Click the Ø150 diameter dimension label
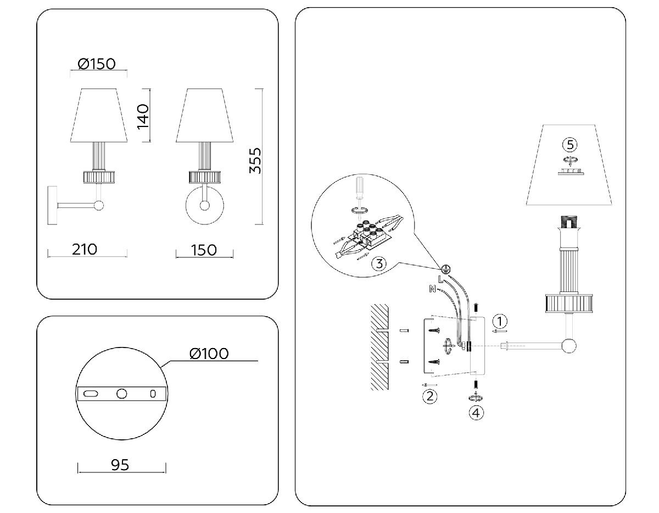point(97,64)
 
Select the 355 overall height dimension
point(255,159)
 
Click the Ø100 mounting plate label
point(209,353)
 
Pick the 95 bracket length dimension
point(120,465)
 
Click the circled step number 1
point(499,321)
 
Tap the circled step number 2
point(429,396)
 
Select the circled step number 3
point(378,263)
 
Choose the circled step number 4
point(476,412)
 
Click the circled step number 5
point(570,145)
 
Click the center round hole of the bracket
point(122,394)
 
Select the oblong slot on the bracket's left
point(91,394)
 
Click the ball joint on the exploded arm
point(569,346)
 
